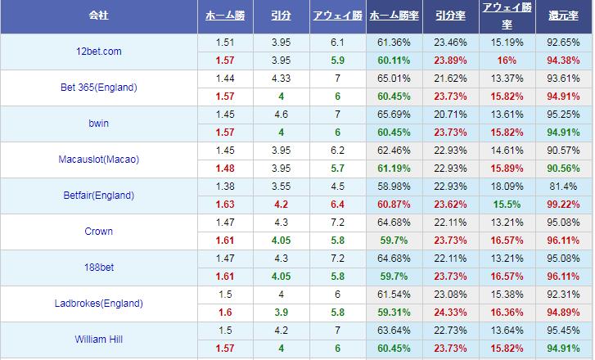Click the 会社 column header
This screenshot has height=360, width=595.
tap(99, 16)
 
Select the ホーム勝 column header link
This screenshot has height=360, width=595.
tap(225, 16)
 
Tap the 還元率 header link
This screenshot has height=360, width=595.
tap(564, 16)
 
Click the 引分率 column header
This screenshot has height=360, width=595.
tap(450, 16)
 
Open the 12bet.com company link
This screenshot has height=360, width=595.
tap(99, 52)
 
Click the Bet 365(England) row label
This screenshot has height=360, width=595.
tap(99, 88)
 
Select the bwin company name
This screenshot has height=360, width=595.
tap(99, 124)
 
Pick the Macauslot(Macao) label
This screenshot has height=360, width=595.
tap(99, 160)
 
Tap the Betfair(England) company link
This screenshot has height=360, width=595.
tap(99, 196)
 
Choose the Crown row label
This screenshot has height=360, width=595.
tap(99, 232)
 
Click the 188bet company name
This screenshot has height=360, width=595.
tap(99, 268)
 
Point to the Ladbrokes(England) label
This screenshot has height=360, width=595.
tap(99, 304)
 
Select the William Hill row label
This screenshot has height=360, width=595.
tap(99, 340)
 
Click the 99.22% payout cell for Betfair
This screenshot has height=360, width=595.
tap(564, 205)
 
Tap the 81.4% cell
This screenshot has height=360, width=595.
tap(564, 187)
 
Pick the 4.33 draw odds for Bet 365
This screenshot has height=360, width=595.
tap(282, 79)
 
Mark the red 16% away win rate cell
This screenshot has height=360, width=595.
tap(507, 61)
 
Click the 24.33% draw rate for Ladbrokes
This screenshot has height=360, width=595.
tap(450, 313)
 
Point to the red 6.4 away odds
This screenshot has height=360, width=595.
tap(337, 205)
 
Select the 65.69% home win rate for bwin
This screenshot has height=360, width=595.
tap(394, 115)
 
